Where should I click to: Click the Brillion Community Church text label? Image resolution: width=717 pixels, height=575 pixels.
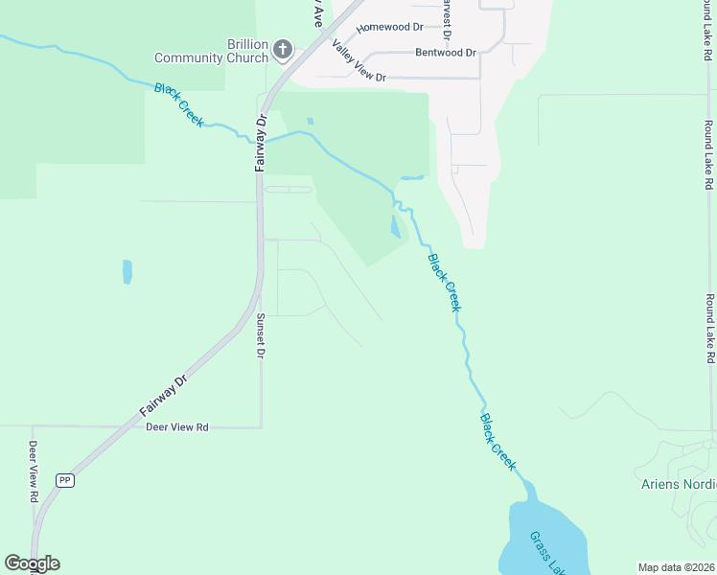[x=247, y=51]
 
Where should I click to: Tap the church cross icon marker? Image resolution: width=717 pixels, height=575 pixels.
[x=282, y=49]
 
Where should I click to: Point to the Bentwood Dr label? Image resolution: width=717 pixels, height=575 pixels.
[x=446, y=53]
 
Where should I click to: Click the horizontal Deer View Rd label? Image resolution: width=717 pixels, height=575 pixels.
[x=176, y=427]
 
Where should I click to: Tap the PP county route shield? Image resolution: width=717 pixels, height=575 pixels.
[x=65, y=481]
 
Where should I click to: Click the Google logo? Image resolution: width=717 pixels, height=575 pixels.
[x=32, y=563]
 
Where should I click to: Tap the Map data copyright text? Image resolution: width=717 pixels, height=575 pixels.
[x=676, y=567]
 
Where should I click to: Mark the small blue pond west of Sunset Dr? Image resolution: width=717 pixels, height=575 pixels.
[x=127, y=272]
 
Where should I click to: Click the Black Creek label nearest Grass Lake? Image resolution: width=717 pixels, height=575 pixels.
[x=498, y=441]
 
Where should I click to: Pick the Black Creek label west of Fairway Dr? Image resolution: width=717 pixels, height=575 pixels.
[x=179, y=105]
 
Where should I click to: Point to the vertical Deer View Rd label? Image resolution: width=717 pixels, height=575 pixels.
[x=32, y=471]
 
